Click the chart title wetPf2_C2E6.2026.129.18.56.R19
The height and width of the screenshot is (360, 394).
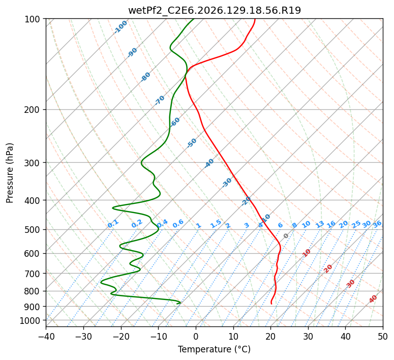(215, 10)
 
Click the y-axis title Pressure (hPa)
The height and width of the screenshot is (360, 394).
(10, 173)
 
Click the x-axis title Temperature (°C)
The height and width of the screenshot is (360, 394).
(215, 349)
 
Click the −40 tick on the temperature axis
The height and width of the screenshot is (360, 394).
(46, 336)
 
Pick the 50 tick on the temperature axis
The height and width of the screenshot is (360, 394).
(383, 336)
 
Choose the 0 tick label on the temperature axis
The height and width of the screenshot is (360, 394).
(196, 336)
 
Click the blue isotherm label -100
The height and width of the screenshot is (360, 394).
(120, 27)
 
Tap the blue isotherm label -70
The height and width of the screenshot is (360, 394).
(160, 100)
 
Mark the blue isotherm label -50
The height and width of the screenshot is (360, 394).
(192, 143)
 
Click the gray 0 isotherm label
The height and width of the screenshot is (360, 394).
(286, 236)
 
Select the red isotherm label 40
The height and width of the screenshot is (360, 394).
(373, 299)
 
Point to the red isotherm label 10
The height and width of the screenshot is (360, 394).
(307, 253)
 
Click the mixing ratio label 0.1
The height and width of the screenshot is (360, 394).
(113, 224)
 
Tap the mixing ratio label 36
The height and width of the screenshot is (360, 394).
(377, 224)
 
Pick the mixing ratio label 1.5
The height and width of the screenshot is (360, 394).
(216, 224)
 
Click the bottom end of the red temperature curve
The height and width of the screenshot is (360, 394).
(271, 304)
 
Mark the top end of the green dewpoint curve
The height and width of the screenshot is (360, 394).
(194, 19)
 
